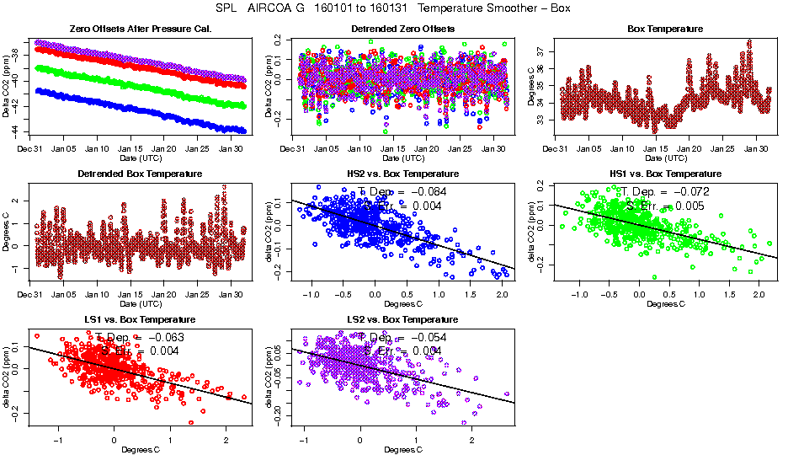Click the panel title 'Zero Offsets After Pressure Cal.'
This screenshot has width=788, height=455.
pos(140,29)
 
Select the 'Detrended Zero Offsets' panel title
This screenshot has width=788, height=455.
pos(402,29)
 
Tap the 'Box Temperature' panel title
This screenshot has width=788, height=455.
pos(665,29)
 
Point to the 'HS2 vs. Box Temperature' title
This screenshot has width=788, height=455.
pos(402,174)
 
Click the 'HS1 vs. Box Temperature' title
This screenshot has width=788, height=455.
pos(665,174)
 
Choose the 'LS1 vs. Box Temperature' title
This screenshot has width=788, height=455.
pos(140,320)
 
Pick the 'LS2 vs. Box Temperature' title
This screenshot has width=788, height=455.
pos(402,320)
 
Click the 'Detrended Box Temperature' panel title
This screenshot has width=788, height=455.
pos(140,174)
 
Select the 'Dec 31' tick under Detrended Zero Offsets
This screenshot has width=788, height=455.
pos(292,149)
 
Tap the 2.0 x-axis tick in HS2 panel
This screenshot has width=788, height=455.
pos(500,296)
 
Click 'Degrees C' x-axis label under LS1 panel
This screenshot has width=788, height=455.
pos(140,449)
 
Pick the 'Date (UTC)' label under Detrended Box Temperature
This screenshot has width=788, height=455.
pos(140,303)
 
